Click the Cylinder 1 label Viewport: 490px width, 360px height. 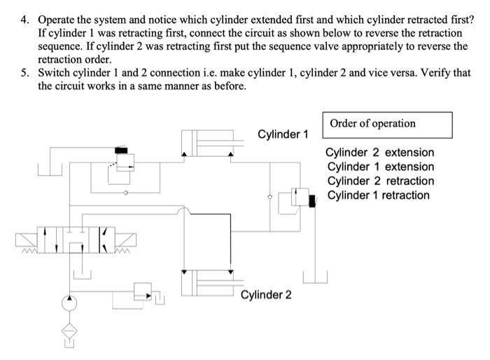coord(283,134)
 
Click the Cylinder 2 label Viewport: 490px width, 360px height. coord(266,295)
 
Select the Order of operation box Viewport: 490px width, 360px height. coord(387,124)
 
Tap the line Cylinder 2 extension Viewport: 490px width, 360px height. coord(380,153)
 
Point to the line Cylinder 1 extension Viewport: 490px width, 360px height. coord(380,167)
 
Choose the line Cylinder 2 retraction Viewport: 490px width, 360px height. coord(380,181)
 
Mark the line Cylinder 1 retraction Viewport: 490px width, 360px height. coord(378,195)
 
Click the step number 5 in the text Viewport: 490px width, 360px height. coord(22,72)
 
